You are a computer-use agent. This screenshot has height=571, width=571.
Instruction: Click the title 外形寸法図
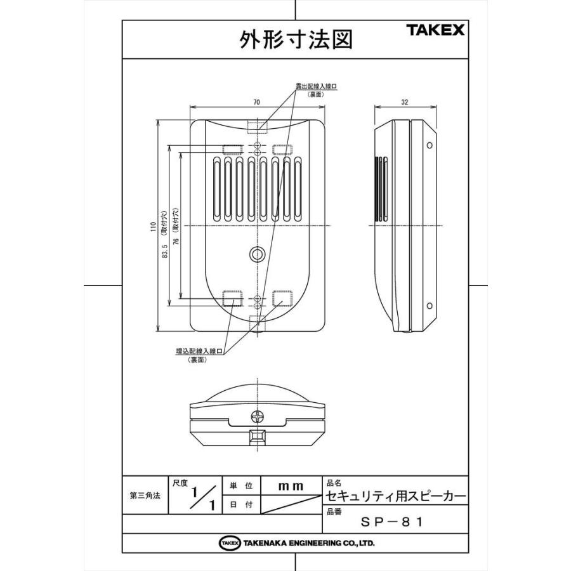coord(295,39)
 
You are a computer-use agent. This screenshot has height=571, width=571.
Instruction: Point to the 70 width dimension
coord(256,102)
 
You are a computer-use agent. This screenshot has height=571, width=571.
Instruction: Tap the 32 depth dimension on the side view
coord(405,102)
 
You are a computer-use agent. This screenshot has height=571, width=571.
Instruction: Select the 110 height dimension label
coord(153,226)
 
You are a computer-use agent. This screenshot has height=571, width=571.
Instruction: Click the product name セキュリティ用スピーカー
coord(396,495)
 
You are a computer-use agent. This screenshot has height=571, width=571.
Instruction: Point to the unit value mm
coord(291,486)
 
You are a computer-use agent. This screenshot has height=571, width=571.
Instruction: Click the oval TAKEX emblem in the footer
coord(229,543)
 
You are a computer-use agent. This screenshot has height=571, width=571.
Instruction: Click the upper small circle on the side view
coord(430,146)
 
